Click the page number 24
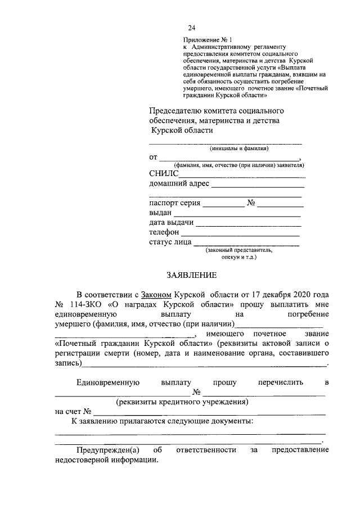(192, 28)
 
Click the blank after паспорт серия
(223, 206)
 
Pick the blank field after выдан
(237, 216)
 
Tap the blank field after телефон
(240, 235)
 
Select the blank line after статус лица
(246, 245)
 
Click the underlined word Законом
(157, 295)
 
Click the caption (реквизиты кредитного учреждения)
(182, 403)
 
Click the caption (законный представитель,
(239, 250)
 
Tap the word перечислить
(280, 382)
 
